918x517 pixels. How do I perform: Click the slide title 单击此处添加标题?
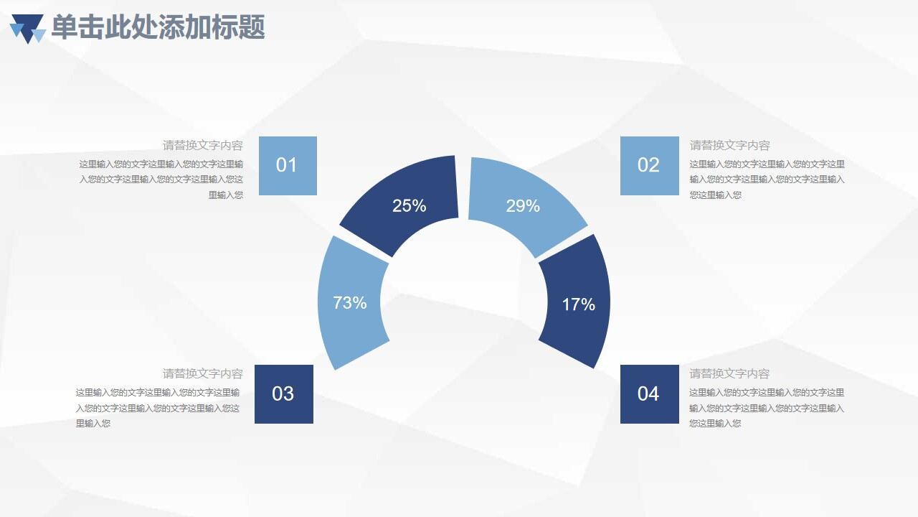(x=158, y=27)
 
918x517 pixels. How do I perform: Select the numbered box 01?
(x=287, y=165)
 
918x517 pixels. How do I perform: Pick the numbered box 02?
(x=649, y=165)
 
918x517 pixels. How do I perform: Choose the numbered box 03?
(x=283, y=393)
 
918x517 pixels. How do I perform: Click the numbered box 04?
(x=649, y=393)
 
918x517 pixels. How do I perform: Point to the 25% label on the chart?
(x=410, y=206)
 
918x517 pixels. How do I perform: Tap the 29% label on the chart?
(x=523, y=206)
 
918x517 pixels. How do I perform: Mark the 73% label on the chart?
(x=350, y=303)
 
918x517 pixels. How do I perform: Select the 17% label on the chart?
(x=578, y=304)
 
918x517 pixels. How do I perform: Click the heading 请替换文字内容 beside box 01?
(x=203, y=146)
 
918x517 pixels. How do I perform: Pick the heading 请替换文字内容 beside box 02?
(x=730, y=146)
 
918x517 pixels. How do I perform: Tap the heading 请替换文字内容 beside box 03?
(x=203, y=374)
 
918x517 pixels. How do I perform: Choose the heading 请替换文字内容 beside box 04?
(x=730, y=374)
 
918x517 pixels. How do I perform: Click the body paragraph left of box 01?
(x=161, y=180)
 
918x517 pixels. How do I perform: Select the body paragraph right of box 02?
(x=767, y=180)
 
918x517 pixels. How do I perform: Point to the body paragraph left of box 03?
(x=158, y=408)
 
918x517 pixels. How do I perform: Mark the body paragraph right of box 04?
(x=767, y=408)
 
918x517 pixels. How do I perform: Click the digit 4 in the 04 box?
(x=654, y=393)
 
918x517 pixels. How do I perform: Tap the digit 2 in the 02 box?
(x=654, y=165)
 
